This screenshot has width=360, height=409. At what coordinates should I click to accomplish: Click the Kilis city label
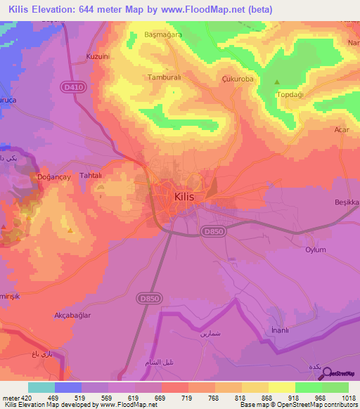tap(188, 197)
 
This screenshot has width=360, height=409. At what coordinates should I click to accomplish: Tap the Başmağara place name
tap(163, 33)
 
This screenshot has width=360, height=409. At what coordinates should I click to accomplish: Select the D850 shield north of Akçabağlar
tap(146, 279)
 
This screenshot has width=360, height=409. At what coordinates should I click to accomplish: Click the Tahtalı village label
tap(91, 176)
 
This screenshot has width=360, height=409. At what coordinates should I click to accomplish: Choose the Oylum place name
tap(316, 249)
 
